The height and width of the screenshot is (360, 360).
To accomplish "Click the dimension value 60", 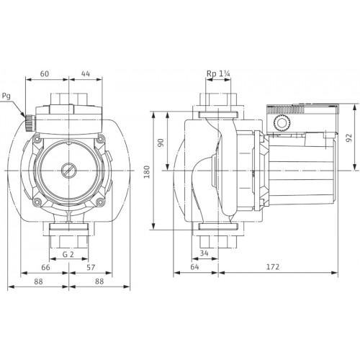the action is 45,73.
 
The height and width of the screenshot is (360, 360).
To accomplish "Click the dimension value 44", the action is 86,73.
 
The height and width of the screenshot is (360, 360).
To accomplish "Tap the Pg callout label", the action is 6,96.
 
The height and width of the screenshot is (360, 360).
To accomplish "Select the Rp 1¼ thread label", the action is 218,73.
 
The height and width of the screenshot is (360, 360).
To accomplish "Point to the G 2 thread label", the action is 68,254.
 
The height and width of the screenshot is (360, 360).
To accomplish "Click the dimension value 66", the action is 45,267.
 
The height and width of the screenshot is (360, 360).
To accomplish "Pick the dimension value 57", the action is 91,267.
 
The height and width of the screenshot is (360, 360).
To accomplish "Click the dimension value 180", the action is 147,172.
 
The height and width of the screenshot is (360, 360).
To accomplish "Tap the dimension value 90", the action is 161,143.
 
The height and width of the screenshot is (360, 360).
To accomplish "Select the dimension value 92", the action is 348,138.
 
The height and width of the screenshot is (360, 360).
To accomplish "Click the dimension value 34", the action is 204,253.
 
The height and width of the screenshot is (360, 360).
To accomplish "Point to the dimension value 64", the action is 194,267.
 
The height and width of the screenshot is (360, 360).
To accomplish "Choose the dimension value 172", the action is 273,267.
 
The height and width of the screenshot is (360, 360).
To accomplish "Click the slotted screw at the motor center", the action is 68,171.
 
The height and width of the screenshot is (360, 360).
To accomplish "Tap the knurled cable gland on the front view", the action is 29,122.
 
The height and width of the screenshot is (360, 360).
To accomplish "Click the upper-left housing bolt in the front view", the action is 36,139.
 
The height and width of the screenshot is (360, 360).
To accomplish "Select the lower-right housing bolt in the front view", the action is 100,202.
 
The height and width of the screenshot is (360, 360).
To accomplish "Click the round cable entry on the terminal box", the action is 280,123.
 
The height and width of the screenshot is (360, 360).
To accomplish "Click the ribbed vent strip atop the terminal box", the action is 286,110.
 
